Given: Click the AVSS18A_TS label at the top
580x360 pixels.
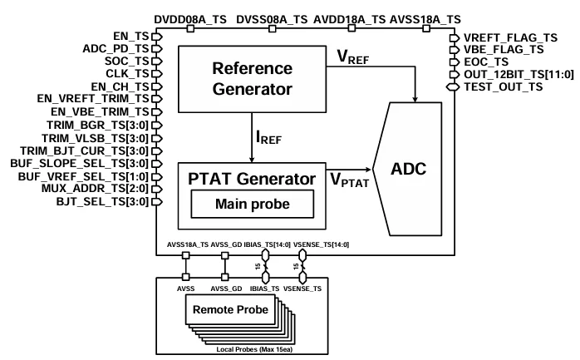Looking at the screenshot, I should point(425,17).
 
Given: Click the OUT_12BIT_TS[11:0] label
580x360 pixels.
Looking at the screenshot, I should point(509,74).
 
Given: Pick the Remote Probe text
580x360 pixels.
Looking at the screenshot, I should point(230,309).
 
